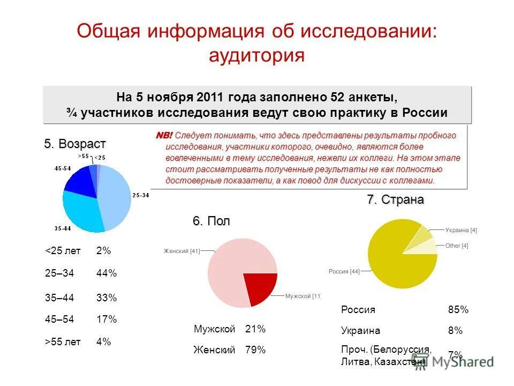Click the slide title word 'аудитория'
click(x=256, y=55)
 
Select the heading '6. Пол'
click(x=211, y=221)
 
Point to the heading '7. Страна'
click(x=395, y=200)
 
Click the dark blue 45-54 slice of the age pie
click(x=78, y=180)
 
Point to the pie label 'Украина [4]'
click(x=460, y=230)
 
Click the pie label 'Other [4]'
click(x=457, y=246)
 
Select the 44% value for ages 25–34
click(x=106, y=273)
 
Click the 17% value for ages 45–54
click(x=106, y=320)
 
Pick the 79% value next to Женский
click(x=255, y=350)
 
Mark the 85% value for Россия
click(x=458, y=310)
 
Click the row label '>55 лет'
click(x=63, y=342)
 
